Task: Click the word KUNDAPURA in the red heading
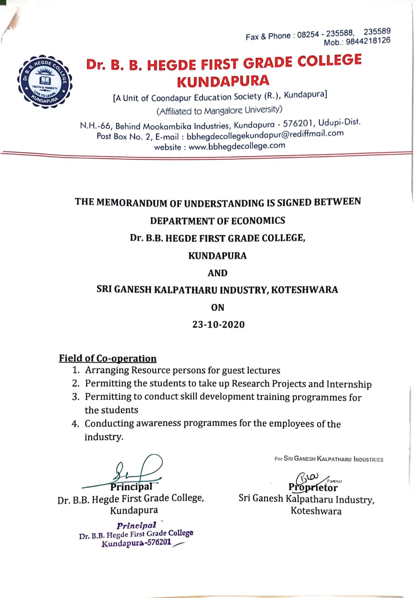(223, 81)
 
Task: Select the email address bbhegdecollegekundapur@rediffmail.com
(265, 135)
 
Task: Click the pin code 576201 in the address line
(298, 124)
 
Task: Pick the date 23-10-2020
(218, 324)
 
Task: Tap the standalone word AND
(218, 273)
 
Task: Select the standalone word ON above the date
(218, 307)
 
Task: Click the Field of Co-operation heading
(108, 358)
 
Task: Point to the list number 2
(76, 384)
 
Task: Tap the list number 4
(76, 424)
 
